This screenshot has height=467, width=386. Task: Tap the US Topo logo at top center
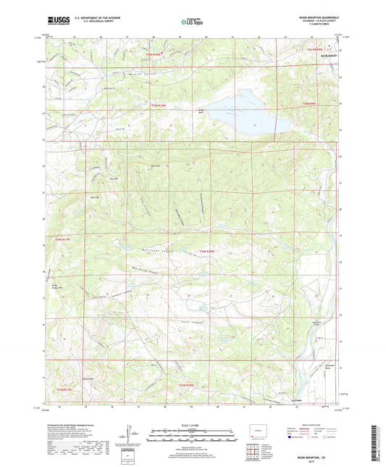pyautogui.click(x=190, y=22)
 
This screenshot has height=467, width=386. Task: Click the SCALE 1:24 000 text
pyautogui.click(x=193, y=425)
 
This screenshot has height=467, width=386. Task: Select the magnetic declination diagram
pyautogui.click(x=131, y=435)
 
